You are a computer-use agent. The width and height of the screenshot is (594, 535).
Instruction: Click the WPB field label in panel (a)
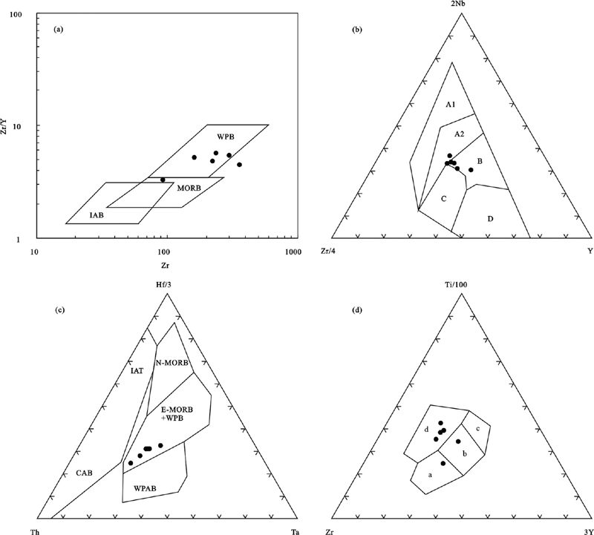click(226, 137)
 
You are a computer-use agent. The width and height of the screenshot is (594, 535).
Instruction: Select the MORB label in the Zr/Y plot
click(189, 188)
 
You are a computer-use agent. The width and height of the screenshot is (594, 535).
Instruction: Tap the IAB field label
click(97, 215)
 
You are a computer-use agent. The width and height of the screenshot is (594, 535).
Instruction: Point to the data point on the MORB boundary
click(163, 180)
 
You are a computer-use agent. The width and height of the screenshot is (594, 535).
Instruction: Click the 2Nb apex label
click(461, 4)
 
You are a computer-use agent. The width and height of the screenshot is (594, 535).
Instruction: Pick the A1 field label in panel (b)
click(450, 105)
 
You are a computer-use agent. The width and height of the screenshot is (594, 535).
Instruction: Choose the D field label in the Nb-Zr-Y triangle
click(490, 219)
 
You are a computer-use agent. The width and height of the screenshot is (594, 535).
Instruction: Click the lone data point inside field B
click(471, 170)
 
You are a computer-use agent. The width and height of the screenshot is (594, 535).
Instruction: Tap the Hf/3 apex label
click(166, 285)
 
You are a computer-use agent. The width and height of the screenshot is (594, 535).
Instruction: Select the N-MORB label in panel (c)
click(172, 363)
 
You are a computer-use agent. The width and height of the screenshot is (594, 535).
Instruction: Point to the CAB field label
click(84, 473)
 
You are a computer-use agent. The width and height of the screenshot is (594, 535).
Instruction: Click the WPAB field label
click(145, 488)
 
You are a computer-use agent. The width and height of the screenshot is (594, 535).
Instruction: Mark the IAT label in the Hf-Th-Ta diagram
click(137, 371)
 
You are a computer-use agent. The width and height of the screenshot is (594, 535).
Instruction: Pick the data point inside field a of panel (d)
click(443, 464)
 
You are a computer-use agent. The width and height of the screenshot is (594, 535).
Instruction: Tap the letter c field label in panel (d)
click(478, 429)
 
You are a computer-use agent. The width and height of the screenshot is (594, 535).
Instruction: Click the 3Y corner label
click(588, 531)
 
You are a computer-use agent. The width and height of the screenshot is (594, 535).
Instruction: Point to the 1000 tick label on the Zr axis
click(293, 252)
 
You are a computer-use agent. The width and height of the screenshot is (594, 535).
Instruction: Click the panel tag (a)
click(58, 29)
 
